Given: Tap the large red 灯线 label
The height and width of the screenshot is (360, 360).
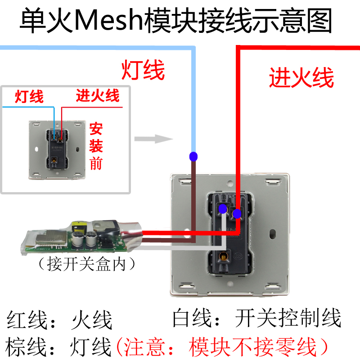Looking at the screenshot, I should coord(143,71).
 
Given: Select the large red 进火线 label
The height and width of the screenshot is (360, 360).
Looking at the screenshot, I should coord(301,78).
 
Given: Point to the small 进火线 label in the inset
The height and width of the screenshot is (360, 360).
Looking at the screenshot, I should coord(97,95).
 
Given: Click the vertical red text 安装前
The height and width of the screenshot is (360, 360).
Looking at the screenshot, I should coord(96,146).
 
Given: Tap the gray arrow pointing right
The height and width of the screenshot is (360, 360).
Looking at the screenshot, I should coord(151,139).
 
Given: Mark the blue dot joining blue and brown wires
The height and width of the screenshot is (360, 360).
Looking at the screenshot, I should coord(193,157).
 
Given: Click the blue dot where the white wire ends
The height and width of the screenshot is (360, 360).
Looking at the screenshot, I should coord(222,208).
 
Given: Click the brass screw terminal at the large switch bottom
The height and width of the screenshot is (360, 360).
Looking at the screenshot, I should coord(222,257).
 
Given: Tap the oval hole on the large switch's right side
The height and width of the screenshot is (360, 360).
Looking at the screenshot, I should coord(273,234).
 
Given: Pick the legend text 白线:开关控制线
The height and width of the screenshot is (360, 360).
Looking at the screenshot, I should coord(257,318).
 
